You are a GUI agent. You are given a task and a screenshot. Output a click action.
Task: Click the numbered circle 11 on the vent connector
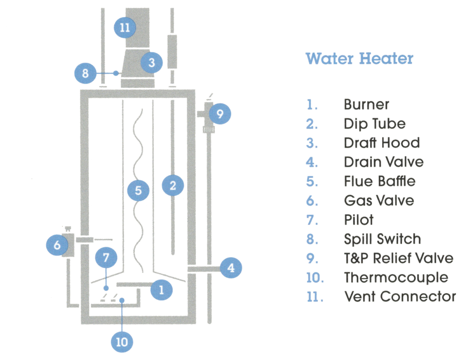(125, 27)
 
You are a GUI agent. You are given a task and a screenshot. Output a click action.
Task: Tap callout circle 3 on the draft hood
(152, 62)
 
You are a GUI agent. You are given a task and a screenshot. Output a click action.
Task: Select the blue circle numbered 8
(85, 73)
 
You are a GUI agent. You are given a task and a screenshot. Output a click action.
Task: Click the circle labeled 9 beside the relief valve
(219, 114)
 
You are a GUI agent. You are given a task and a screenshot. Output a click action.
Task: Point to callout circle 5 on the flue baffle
(138, 190)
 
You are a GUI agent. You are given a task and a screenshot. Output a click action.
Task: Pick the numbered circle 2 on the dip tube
(173, 186)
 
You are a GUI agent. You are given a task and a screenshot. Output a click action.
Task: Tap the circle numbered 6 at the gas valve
(57, 245)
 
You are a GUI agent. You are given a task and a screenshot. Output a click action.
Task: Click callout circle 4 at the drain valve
(231, 268)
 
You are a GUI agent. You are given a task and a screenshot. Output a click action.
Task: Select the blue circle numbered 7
(106, 258)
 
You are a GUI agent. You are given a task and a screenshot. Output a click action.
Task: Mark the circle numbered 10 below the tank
(121, 342)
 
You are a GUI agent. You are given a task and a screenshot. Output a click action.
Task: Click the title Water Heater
(359, 59)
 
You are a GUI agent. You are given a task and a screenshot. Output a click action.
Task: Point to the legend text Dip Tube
(375, 124)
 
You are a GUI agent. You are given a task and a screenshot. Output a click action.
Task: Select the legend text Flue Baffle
(380, 181)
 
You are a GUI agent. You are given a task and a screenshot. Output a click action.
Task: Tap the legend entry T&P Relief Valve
(399, 258)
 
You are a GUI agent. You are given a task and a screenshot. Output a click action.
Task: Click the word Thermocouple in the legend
(396, 277)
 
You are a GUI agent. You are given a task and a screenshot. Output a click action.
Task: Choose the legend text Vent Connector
(400, 296)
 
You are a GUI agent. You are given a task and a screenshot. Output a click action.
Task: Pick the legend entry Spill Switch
(382, 239)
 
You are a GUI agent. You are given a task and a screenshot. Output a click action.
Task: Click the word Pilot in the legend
(359, 220)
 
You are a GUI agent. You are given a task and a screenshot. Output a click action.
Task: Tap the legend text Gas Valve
(379, 201)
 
